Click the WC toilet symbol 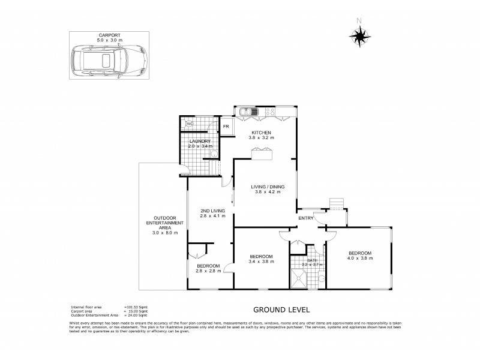[x=190, y=124]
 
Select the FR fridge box [x=226, y=127]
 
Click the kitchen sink [x=247, y=112]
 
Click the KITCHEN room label [x=262, y=133]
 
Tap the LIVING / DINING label [x=268, y=187]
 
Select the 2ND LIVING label [x=212, y=211]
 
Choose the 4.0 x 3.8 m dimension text [x=360, y=259]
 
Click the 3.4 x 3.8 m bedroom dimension [x=262, y=262]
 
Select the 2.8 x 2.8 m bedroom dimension [x=208, y=271]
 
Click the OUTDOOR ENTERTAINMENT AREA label [x=160, y=223]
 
